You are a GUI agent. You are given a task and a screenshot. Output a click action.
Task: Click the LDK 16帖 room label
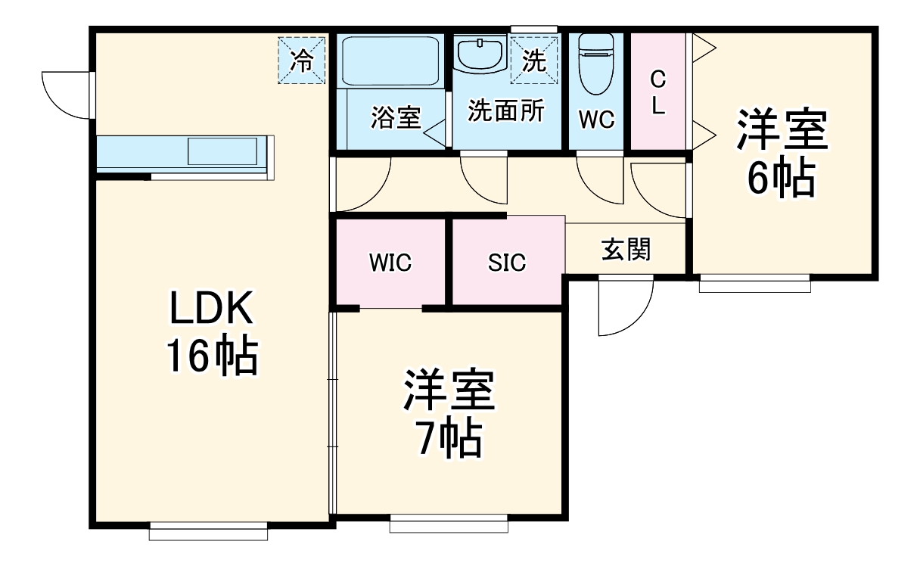pyautogui.click(x=211, y=334)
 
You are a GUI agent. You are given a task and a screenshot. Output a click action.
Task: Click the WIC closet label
pyautogui.click(x=390, y=263)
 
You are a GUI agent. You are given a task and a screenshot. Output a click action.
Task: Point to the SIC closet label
pyautogui.click(x=506, y=263)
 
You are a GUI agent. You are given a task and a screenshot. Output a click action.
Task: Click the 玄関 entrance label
pyautogui.click(x=626, y=249)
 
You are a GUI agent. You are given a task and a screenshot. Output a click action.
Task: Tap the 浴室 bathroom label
pyautogui.click(x=395, y=118)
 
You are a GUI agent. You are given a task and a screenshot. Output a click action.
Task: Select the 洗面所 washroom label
pyautogui.click(x=505, y=111)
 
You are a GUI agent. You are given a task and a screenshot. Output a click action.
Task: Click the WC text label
pyautogui.click(x=597, y=119)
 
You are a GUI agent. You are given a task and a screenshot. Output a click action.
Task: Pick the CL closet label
pyautogui.click(x=658, y=92)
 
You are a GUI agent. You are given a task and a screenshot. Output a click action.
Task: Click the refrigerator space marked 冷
pyautogui.click(x=302, y=60)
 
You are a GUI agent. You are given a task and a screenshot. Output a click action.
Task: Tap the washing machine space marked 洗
pyautogui.click(x=534, y=60)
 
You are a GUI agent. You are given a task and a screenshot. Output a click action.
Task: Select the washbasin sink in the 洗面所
pyautogui.click(x=480, y=54)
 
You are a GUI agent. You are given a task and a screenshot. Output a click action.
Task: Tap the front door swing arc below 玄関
pyautogui.click(x=623, y=306)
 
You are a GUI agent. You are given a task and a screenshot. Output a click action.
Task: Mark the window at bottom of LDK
pyautogui.click(x=209, y=531)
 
